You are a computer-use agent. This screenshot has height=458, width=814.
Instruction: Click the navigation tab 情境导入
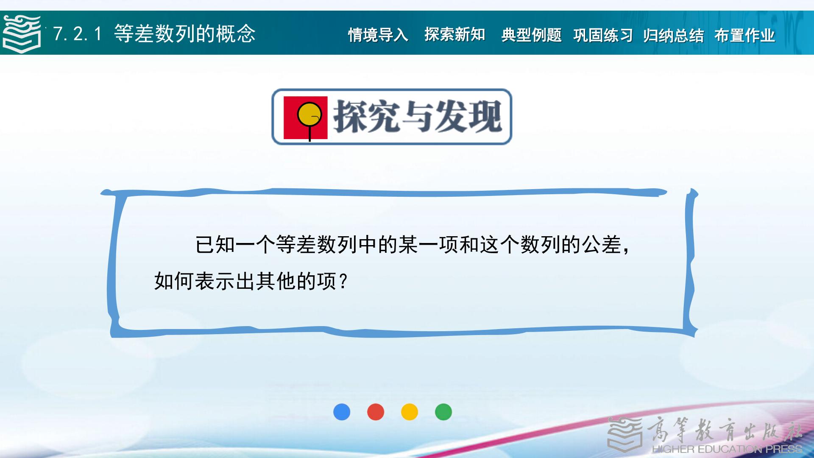pyautogui.click(x=378, y=35)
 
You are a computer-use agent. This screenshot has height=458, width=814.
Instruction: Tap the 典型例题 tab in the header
pyautogui.click(x=531, y=35)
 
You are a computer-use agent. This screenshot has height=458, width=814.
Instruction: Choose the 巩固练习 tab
pyautogui.click(x=603, y=35)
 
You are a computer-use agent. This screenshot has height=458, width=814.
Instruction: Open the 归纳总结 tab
pyautogui.click(x=673, y=35)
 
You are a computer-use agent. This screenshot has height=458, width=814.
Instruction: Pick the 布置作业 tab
pyautogui.click(x=744, y=35)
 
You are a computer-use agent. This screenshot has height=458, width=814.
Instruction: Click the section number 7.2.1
pyautogui.click(x=78, y=34)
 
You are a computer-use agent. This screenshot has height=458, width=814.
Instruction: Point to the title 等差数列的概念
pyautogui.click(x=185, y=34)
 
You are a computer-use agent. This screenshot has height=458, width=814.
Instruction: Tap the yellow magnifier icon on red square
pyautogui.click(x=306, y=118)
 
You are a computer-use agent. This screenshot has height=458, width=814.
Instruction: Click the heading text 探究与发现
pyautogui.click(x=418, y=117)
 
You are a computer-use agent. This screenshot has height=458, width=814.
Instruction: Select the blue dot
pyautogui.click(x=342, y=412)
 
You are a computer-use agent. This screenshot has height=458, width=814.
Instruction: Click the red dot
pyautogui.click(x=376, y=412)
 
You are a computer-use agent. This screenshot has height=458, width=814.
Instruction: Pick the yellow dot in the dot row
pyautogui.click(x=410, y=412)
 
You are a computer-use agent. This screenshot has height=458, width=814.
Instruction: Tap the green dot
pyautogui.click(x=443, y=412)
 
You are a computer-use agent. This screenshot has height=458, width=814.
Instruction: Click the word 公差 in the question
pyautogui.click(x=602, y=245)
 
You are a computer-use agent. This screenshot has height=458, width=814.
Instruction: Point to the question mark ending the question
pyautogui.click(x=344, y=281)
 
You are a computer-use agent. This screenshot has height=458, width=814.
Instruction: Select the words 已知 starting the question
pyautogui.click(x=215, y=245)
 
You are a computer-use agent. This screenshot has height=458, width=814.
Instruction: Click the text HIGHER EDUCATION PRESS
pyautogui.click(x=727, y=449)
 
